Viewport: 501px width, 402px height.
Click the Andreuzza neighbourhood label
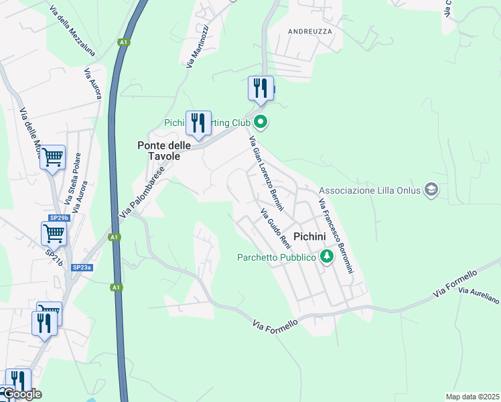[309, 31]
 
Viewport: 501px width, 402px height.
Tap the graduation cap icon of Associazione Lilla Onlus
[431, 190]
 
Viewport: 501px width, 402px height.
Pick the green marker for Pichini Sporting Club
[261, 123]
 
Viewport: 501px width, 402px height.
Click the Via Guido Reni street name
[275, 228]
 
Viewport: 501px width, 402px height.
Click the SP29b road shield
[59, 218]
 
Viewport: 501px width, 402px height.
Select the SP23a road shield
[81, 267]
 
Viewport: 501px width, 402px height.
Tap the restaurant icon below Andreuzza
[261, 88]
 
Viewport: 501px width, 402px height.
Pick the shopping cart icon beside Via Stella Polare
[52, 157]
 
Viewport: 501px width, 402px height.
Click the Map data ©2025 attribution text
[472, 397]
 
